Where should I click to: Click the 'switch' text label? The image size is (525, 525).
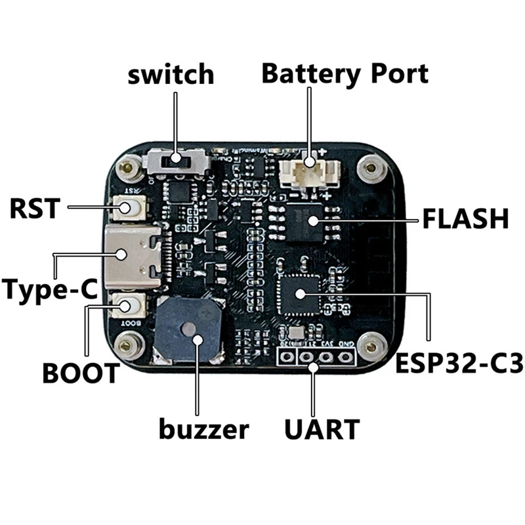pos(171,74)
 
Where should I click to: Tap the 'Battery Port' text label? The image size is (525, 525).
pos(345,73)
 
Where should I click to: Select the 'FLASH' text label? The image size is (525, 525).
pos(465,219)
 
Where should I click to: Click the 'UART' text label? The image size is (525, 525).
pos(322,430)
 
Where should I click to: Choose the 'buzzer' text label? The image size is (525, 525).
pos(204,430)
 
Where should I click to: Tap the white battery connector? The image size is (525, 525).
pos(308,173)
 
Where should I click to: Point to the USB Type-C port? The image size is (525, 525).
pos(134,255)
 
